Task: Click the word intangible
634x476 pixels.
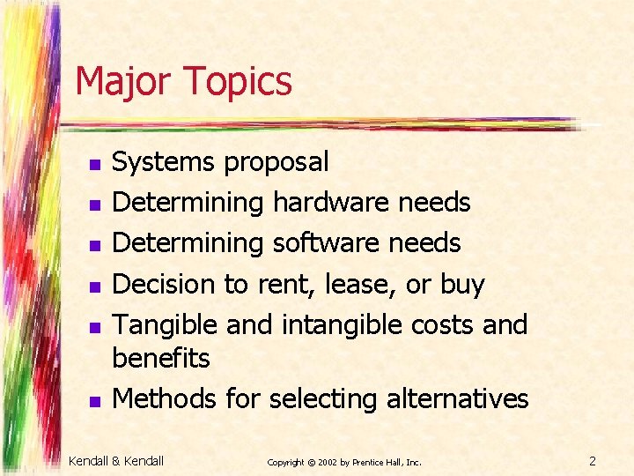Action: [343, 325]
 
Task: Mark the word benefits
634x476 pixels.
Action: [161, 359]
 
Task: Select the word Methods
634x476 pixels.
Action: [165, 399]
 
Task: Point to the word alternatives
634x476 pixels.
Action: [457, 399]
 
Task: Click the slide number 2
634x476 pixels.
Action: [593, 460]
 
